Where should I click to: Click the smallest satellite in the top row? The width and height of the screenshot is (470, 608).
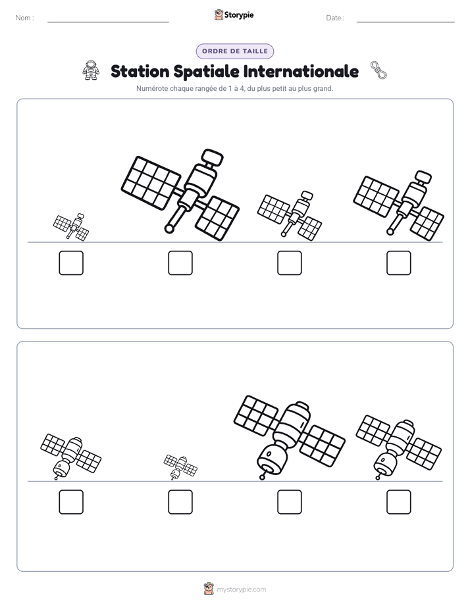click(71, 227)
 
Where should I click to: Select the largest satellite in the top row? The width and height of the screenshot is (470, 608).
click(180, 195)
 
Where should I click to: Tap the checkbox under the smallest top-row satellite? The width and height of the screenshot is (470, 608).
click(71, 263)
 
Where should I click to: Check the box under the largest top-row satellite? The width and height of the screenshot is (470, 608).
click(180, 263)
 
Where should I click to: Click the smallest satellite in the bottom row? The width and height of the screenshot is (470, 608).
click(180, 467)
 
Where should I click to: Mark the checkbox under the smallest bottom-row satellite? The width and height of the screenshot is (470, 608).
click(180, 502)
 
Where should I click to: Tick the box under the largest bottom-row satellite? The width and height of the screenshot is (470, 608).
click(289, 502)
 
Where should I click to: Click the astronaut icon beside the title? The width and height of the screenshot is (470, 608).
click(91, 70)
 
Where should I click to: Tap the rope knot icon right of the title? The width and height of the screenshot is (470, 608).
click(379, 70)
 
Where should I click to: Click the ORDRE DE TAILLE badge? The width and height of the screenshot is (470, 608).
click(235, 51)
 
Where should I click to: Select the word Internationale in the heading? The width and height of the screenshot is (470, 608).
click(301, 71)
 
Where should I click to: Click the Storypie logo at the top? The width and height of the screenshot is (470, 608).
click(234, 15)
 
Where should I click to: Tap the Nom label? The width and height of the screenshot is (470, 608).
click(24, 18)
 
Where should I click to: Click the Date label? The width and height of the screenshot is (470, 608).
click(335, 18)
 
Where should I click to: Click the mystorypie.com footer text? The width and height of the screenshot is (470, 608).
click(241, 590)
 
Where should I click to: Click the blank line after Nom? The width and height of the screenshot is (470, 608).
click(108, 22)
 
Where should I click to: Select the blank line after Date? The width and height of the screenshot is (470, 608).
click(405, 22)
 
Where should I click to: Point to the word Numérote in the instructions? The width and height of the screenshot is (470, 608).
click(152, 88)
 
